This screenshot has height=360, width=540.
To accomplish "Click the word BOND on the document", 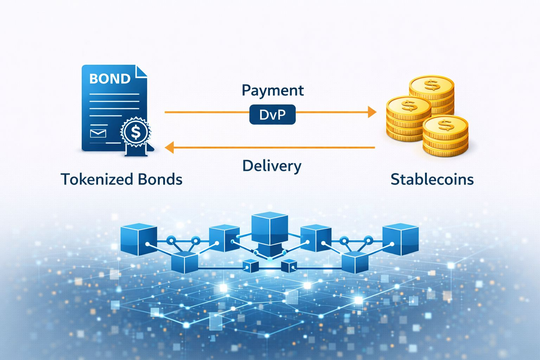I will pos(110,78).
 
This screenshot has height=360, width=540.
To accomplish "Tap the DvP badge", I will pos(272,115).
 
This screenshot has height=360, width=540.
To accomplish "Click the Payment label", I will pos(272,90).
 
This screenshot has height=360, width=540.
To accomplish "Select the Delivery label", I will pos(272,166).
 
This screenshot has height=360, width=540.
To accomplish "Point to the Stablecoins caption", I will pos(432,179).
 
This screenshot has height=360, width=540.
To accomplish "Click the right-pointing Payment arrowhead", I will pos(372,112).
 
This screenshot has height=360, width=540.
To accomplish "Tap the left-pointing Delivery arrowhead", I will pos(169,148).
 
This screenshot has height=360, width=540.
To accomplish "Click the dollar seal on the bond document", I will pos(135,132).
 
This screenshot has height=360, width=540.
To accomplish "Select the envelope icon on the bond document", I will pos(98,133).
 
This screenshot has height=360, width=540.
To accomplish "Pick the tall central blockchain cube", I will pos(270,229).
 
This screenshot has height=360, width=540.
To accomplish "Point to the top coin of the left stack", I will pos(409,105).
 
